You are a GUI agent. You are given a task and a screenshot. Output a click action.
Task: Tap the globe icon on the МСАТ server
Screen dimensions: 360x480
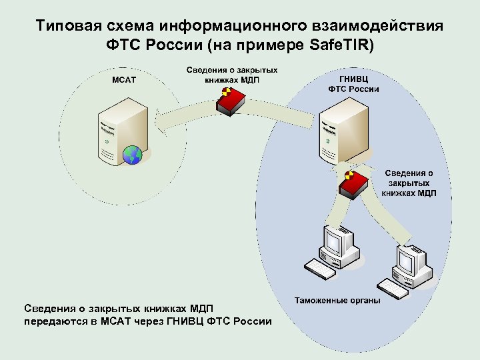coord(133,155)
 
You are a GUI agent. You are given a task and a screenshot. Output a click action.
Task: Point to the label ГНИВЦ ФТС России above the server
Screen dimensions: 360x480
coord(353,83)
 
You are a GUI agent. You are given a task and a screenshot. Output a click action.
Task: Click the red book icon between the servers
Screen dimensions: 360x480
coord(230,102)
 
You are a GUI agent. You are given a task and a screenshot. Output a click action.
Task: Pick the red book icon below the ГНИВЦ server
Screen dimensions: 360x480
coord(354,183)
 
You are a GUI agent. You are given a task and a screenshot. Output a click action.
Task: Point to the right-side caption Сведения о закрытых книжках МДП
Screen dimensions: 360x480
coord(409,183)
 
